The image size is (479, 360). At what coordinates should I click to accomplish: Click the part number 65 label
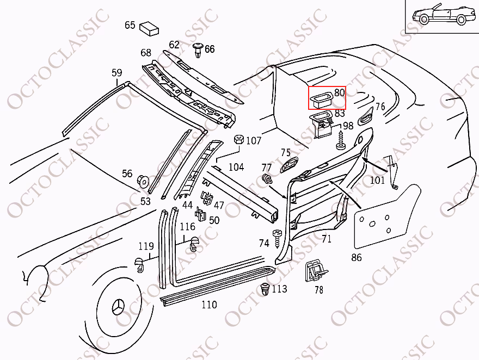coord(130,24)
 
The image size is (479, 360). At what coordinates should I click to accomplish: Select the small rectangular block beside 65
coord(149,28)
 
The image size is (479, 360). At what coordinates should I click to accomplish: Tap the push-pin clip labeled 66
coord(198,50)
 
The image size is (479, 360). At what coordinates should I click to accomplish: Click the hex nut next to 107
coord(238,140)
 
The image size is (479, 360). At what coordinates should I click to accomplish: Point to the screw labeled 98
coord(340,140)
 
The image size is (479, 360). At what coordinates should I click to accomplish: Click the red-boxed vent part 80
coord(321,100)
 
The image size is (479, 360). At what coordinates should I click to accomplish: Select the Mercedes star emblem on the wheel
coord(119,306)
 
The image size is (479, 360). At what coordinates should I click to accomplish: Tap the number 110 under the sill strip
coord(209,305)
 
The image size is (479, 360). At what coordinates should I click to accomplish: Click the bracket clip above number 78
coord(316,271)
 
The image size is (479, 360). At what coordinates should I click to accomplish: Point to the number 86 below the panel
coord(356,257)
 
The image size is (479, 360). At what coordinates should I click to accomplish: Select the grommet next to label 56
coord(143,181)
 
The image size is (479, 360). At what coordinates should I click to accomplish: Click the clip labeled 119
coord(139,264)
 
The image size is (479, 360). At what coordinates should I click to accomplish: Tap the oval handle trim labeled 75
coord(288,165)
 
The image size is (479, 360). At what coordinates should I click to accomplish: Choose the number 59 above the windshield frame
coord(116,73)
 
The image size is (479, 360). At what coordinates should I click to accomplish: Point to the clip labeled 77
coord(267,179)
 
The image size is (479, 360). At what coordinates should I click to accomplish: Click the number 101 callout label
coord(377,181)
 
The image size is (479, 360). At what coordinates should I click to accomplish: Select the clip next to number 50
coord(200,214)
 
